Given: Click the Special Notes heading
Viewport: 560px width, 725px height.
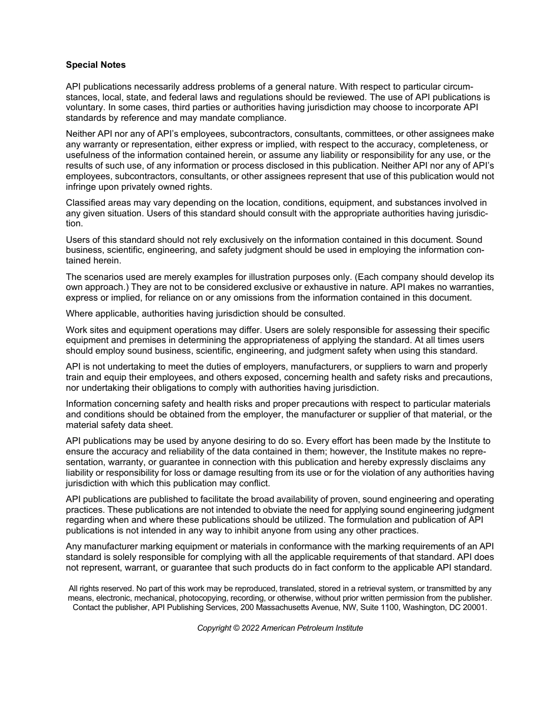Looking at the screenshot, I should pos(95,65).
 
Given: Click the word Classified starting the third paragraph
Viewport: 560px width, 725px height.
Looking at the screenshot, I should pos(87,203).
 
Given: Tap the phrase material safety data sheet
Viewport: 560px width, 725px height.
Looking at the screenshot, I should pos(119,425).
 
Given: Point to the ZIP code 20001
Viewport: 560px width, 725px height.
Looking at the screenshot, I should pos(475,607).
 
